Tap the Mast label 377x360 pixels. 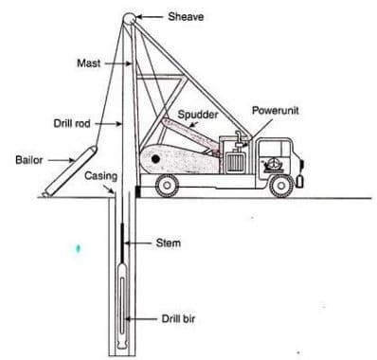click(x=87, y=63)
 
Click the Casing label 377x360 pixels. click(x=100, y=176)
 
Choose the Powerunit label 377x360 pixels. click(x=276, y=111)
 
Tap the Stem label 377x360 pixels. click(x=167, y=243)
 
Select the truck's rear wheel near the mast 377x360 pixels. click(x=168, y=186)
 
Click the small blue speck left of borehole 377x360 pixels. click(x=78, y=248)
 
